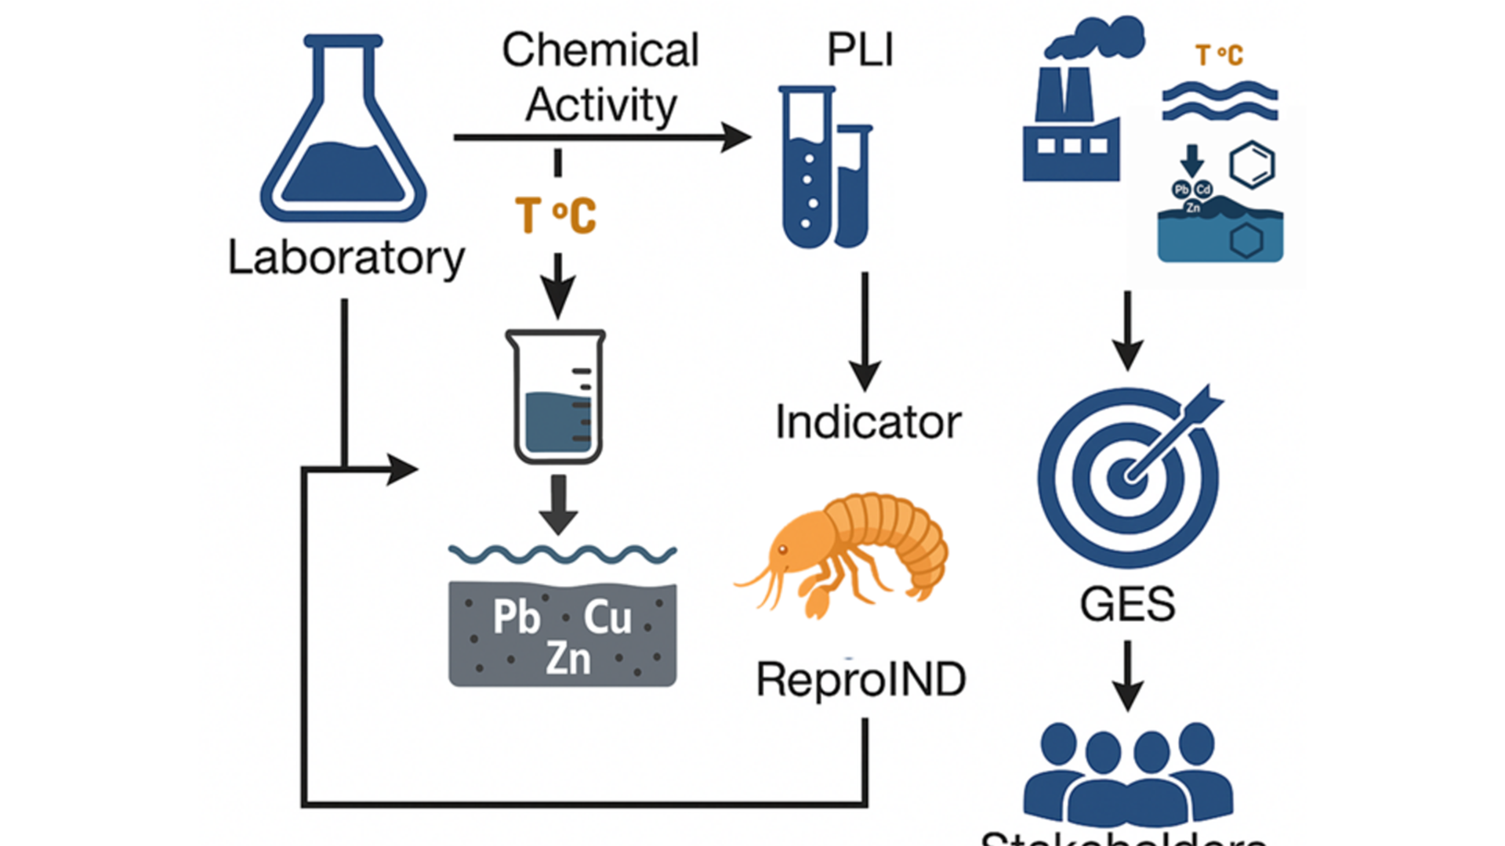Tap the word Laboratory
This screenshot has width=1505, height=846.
pos(346,258)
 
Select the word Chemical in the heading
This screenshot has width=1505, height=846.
pos(600,50)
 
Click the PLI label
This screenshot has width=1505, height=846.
pos(860,50)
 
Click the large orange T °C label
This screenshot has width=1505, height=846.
pos(556,215)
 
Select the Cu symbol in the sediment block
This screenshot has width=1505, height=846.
pos(607,617)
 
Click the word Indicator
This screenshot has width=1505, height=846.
pos(868,422)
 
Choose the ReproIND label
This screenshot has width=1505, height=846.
pos(861,679)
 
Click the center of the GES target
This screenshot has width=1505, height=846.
pos(1127,476)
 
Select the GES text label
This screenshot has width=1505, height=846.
pos(1127,604)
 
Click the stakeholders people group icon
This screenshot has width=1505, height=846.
pos(1127,772)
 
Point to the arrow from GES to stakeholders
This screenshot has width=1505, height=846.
pos(1127,675)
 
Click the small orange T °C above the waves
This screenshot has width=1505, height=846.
pos(1219,56)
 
